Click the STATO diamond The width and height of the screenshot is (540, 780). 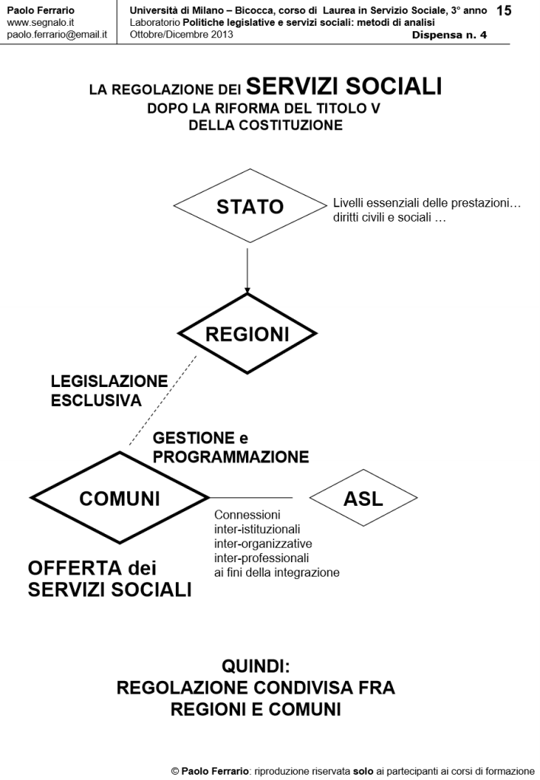pos(249,206)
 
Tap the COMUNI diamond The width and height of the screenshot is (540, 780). pos(120,498)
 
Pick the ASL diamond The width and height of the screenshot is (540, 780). pos(363,498)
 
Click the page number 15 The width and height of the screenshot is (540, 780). pos(503,11)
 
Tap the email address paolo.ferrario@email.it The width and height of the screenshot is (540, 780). pos(56,35)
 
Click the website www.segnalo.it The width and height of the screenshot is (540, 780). pos(39,24)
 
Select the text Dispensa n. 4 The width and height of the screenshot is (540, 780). pos(449,35)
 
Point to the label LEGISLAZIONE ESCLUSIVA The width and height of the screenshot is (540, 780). pos(108,390)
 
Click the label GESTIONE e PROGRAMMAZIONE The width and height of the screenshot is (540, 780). pos(230,447)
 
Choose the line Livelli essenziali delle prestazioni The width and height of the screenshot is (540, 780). pos(427,204)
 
